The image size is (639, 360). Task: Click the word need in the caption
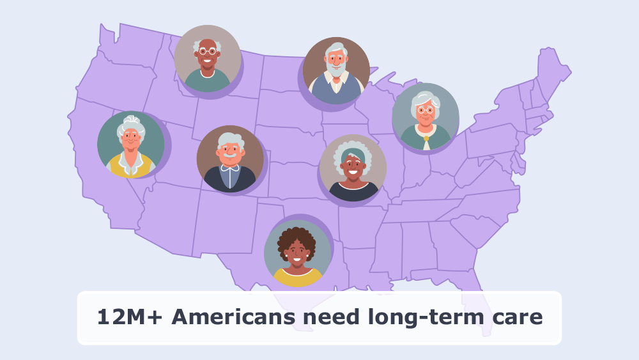tap(321, 317)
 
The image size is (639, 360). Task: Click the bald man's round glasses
tap(207, 52)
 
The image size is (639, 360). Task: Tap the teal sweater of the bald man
tap(207, 82)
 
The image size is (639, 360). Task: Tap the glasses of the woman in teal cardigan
tap(426, 111)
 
